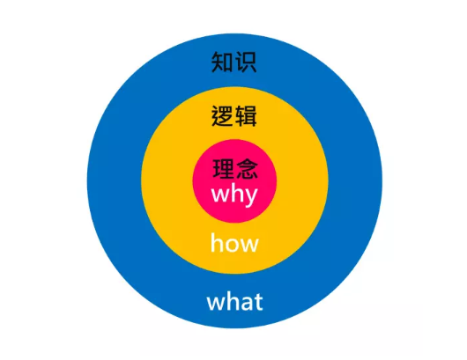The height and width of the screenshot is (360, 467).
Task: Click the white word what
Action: (234, 301)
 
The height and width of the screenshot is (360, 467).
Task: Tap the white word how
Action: (234, 243)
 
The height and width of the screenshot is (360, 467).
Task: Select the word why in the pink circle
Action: (234, 195)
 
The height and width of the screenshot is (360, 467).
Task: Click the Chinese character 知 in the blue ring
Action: (222, 62)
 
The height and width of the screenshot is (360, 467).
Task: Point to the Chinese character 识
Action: (246, 62)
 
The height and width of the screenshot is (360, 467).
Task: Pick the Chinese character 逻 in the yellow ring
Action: (222, 116)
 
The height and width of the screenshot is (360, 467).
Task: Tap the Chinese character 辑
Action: (246, 116)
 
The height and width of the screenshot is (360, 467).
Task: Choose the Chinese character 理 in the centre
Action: (224, 168)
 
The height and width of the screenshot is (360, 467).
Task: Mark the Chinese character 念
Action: (247, 168)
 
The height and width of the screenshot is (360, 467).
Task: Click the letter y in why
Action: (251, 198)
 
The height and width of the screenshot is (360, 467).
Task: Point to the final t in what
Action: (258, 303)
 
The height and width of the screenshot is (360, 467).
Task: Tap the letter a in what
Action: (246, 304)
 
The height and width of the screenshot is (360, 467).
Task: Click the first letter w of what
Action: (215, 304)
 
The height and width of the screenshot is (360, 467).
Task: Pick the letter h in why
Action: (237, 194)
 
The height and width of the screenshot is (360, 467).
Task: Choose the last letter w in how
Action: (251, 246)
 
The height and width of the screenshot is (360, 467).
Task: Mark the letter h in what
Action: (232, 301)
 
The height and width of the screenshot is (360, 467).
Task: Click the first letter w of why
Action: (220, 195)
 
